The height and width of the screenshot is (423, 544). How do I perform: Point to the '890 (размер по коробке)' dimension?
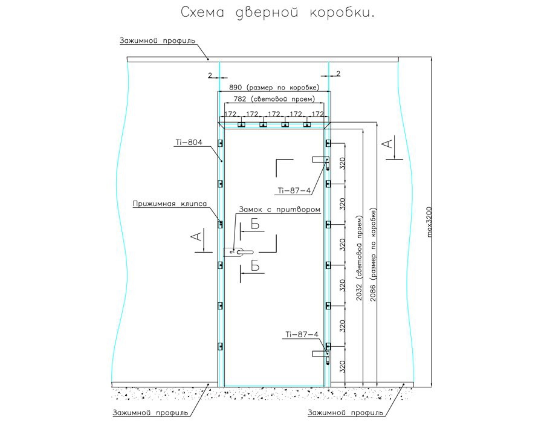273,88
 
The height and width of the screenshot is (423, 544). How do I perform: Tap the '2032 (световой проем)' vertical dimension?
361,254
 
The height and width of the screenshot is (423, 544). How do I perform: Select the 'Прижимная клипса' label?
170,204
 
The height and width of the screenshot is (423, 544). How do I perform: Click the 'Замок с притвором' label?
279,209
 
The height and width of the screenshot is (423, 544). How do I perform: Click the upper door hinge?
321,161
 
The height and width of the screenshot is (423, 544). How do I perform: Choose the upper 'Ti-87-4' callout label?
294,190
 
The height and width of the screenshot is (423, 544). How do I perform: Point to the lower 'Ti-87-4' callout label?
302,334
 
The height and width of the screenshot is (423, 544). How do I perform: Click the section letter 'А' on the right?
389,143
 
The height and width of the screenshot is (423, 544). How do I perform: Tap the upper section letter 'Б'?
255,224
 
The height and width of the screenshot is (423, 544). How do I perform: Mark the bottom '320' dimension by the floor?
342,366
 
